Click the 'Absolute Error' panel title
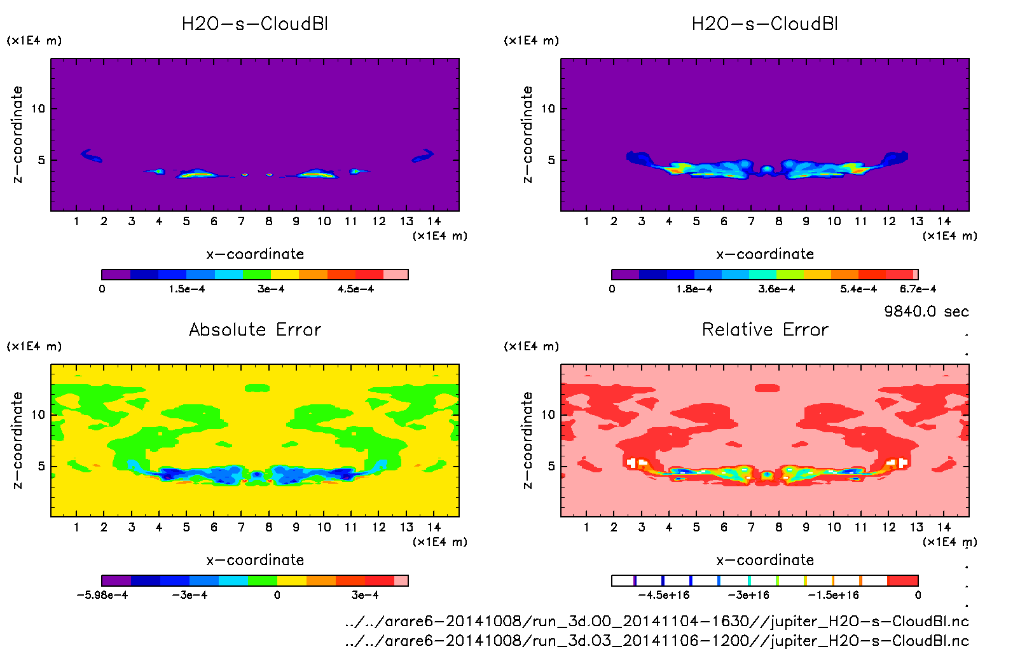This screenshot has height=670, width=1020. click(255, 329)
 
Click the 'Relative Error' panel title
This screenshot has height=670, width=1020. click(765, 329)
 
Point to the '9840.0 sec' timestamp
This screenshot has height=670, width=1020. click(926, 311)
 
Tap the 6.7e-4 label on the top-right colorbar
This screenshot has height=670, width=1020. click(918, 289)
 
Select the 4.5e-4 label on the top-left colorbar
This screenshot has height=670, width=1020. click(355, 289)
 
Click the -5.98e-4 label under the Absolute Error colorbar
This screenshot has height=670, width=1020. click(102, 595)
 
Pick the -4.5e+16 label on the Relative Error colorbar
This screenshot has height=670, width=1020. click(664, 595)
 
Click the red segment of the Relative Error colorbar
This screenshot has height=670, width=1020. click(902, 580)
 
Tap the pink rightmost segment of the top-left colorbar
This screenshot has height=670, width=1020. click(396, 275)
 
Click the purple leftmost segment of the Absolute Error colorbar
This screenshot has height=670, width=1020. click(116, 580)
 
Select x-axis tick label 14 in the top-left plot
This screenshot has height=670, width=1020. click(434, 221)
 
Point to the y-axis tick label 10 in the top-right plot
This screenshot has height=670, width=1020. click(548, 109)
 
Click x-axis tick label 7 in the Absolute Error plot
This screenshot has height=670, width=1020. click(241, 527)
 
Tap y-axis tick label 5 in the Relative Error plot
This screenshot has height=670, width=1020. click(551, 467)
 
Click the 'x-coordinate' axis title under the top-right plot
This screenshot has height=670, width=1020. click(765, 254)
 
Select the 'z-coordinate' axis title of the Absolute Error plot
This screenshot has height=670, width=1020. click(18, 440)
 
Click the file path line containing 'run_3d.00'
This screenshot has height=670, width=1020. click(657, 622)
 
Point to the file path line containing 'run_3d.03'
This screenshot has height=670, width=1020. click(657, 641)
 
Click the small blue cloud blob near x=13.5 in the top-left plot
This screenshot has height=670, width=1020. click(422, 155)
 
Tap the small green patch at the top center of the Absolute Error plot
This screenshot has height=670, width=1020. click(257, 388)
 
